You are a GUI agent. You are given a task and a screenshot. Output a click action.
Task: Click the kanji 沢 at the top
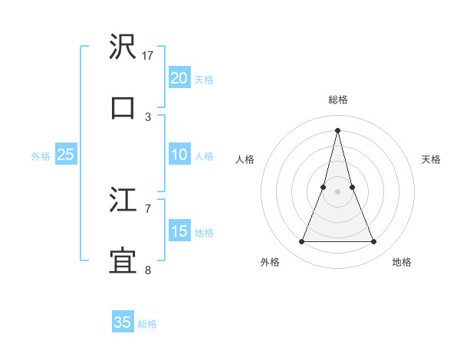(123, 47)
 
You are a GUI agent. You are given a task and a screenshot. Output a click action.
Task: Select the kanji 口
(123, 107)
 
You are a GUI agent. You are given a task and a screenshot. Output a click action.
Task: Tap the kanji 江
(123, 201)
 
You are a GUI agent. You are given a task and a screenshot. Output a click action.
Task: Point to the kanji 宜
(123, 260)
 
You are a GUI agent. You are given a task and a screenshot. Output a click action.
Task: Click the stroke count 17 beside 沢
(148, 56)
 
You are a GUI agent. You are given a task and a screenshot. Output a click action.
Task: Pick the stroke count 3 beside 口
(148, 116)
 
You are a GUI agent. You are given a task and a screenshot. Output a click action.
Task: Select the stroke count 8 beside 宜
(148, 270)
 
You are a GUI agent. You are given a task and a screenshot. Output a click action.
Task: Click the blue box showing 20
(179, 77)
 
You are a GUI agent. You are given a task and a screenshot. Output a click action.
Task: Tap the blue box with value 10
(179, 155)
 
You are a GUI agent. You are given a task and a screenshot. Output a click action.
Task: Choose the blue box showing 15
(179, 231)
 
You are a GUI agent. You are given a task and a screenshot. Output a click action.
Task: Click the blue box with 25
(65, 155)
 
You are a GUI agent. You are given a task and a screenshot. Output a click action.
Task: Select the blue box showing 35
(123, 322)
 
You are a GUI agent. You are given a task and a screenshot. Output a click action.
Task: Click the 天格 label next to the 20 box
(204, 79)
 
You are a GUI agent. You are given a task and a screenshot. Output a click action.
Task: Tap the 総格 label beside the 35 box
(147, 324)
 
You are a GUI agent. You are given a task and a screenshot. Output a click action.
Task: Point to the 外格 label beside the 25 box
(41, 156)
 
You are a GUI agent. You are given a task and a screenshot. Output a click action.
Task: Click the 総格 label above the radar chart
(337, 100)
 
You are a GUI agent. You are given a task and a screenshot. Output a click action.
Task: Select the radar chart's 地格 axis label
(402, 262)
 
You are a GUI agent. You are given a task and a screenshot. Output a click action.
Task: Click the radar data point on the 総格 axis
(337, 129)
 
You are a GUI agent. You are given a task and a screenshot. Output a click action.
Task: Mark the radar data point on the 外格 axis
(301, 242)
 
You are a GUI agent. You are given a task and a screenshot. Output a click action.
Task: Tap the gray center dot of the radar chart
(337, 191)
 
